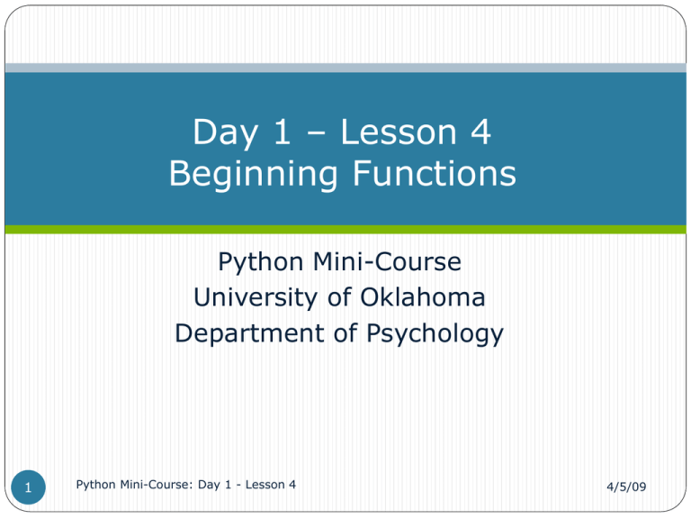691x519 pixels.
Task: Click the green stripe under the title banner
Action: coord(345,230)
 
